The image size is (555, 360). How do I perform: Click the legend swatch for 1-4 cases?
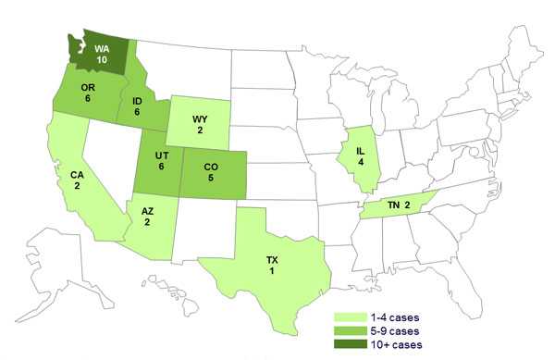click(349, 316)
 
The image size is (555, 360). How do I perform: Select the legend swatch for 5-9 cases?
click(349, 330)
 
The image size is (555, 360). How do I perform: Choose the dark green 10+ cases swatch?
click(349, 344)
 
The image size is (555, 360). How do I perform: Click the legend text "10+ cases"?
click(397, 344)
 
